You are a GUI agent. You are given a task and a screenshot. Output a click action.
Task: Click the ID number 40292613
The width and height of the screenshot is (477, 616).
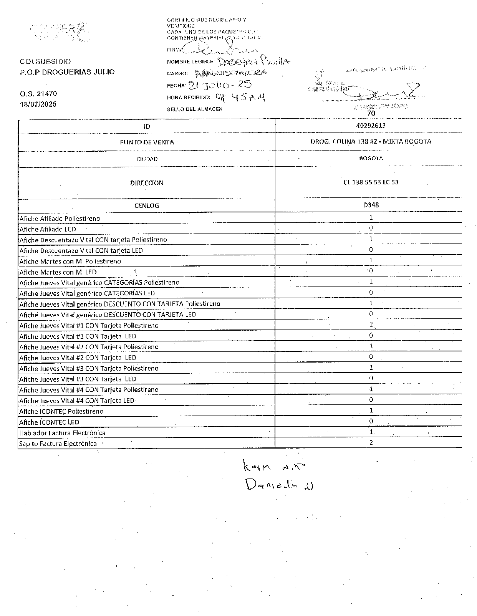tap(371, 126)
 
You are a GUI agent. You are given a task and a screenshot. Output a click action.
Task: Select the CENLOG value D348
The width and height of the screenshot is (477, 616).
tap(371, 205)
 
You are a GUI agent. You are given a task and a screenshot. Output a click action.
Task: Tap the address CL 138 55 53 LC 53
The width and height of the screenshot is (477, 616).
tap(371, 182)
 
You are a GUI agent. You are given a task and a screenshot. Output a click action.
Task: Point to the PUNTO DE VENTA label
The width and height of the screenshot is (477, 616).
tap(147, 142)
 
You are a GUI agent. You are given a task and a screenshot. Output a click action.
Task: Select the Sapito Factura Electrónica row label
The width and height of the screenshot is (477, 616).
tap(58, 444)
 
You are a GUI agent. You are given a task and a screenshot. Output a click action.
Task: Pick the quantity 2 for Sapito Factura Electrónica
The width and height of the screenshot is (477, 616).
tap(371, 442)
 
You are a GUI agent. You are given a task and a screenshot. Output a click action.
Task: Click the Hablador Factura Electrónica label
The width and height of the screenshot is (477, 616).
tap(62, 433)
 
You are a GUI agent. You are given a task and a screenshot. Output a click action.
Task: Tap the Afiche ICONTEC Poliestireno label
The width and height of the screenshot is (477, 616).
tap(61, 411)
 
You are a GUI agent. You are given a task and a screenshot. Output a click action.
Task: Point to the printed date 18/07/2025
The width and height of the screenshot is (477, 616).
tap(38, 104)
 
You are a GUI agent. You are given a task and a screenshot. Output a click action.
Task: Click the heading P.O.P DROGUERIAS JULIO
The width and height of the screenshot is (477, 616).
tap(67, 72)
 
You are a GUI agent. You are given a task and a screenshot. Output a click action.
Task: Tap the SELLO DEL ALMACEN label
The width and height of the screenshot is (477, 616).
tap(194, 109)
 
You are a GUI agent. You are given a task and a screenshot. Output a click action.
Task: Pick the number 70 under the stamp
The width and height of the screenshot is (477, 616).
tap(371, 113)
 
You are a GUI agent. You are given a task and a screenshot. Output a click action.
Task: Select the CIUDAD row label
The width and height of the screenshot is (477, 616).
tap(147, 159)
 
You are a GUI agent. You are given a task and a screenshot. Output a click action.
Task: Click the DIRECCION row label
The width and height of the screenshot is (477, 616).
tap(147, 183)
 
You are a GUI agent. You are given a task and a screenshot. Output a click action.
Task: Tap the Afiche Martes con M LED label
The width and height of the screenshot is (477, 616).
tap(58, 272)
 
